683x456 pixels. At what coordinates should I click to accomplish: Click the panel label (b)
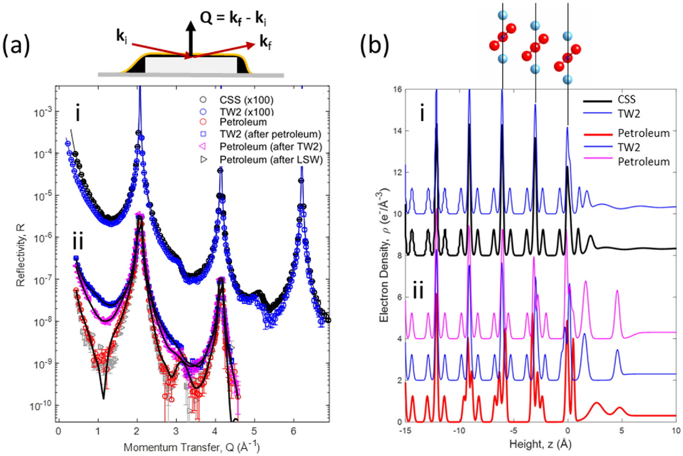click(x=374, y=45)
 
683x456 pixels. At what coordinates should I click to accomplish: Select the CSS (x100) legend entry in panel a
click(x=246, y=100)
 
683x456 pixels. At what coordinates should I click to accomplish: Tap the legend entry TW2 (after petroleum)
click(x=270, y=134)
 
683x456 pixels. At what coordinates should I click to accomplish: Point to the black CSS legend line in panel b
click(x=597, y=101)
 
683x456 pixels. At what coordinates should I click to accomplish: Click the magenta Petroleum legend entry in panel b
click(x=643, y=161)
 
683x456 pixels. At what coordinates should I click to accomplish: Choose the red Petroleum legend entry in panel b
click(x=643, y=133)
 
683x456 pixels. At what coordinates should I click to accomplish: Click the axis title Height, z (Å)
click(x=540, y=444)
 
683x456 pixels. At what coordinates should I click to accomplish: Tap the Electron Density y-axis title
click(x=384, y=255)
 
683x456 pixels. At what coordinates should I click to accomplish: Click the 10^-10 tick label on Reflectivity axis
click(x=41, y=406)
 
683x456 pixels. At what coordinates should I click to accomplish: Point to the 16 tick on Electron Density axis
click(x=397, y=89)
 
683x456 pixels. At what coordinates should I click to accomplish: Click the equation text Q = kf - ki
click(x=233, y=18)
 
